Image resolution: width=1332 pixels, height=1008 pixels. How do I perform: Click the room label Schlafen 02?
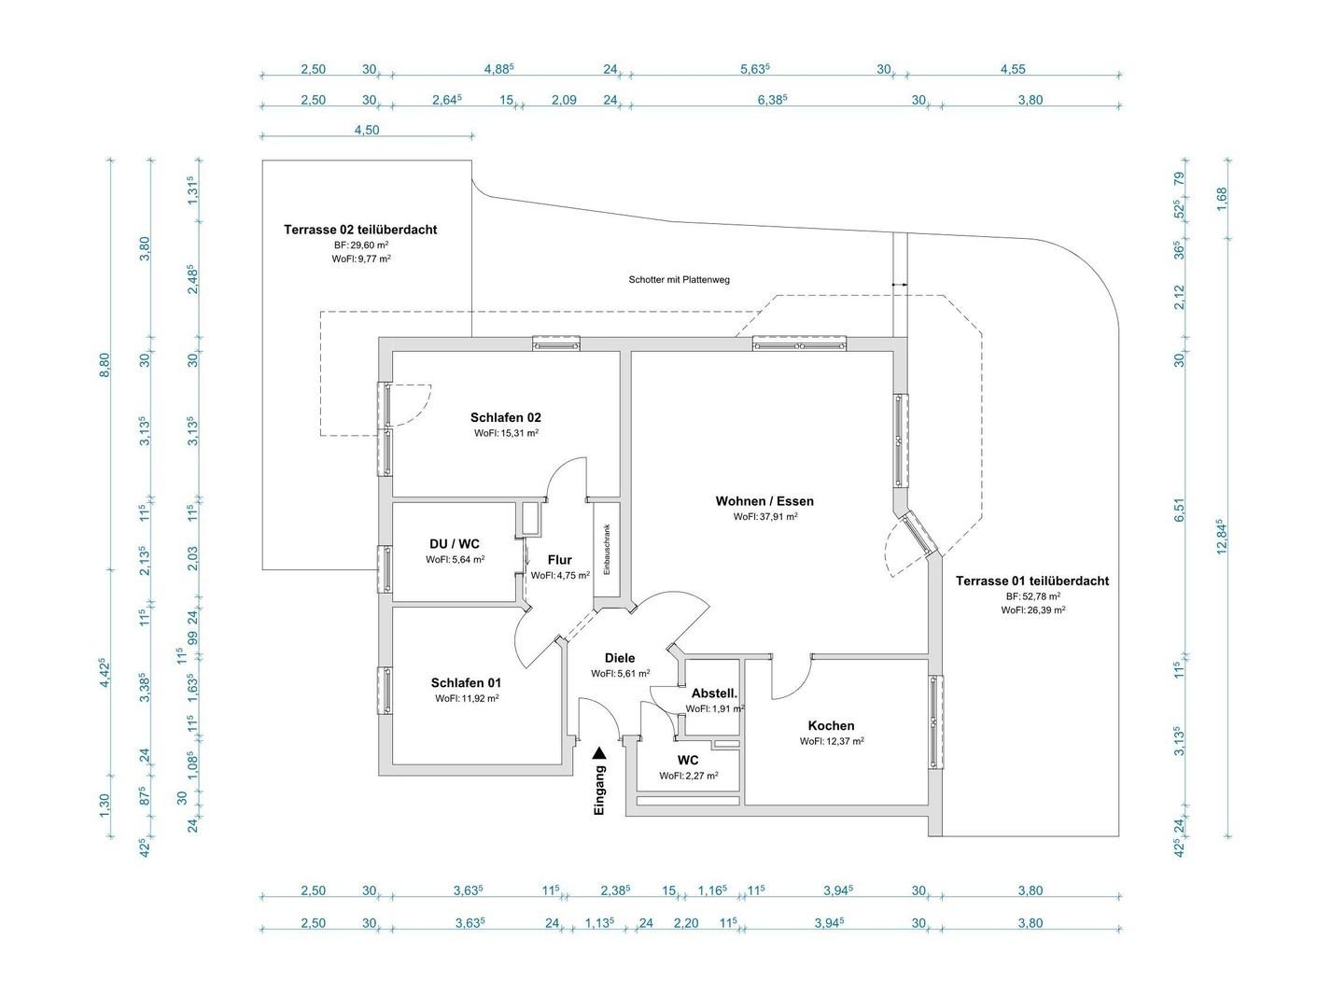505,417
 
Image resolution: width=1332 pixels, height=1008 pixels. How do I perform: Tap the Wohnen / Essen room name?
764,501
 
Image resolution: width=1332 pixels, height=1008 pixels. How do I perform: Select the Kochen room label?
831,725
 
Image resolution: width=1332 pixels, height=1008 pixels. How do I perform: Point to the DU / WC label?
454,544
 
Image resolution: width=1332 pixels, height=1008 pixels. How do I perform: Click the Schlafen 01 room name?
466,682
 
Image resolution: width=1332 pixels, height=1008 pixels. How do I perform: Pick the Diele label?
620,657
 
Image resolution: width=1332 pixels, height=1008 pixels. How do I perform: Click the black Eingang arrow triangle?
599,752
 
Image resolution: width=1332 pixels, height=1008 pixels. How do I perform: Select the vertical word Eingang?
599,790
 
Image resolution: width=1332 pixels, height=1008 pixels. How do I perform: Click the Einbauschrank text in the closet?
607,550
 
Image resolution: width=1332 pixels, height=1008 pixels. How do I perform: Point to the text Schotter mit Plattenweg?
679,280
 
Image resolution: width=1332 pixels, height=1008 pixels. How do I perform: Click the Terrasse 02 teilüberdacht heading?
360,230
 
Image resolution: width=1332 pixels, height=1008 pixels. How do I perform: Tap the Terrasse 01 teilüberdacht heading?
1031,581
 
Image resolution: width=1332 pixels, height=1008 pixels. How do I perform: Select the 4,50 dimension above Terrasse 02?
367,130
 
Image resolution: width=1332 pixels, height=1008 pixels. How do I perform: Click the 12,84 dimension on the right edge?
1221,537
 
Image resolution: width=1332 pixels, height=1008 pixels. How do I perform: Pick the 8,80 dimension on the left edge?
105,365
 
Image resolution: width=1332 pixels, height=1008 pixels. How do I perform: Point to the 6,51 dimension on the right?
1179,510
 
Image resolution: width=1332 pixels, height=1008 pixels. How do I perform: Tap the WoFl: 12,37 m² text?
832,741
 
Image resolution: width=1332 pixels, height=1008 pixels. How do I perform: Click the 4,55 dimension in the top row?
1012,69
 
